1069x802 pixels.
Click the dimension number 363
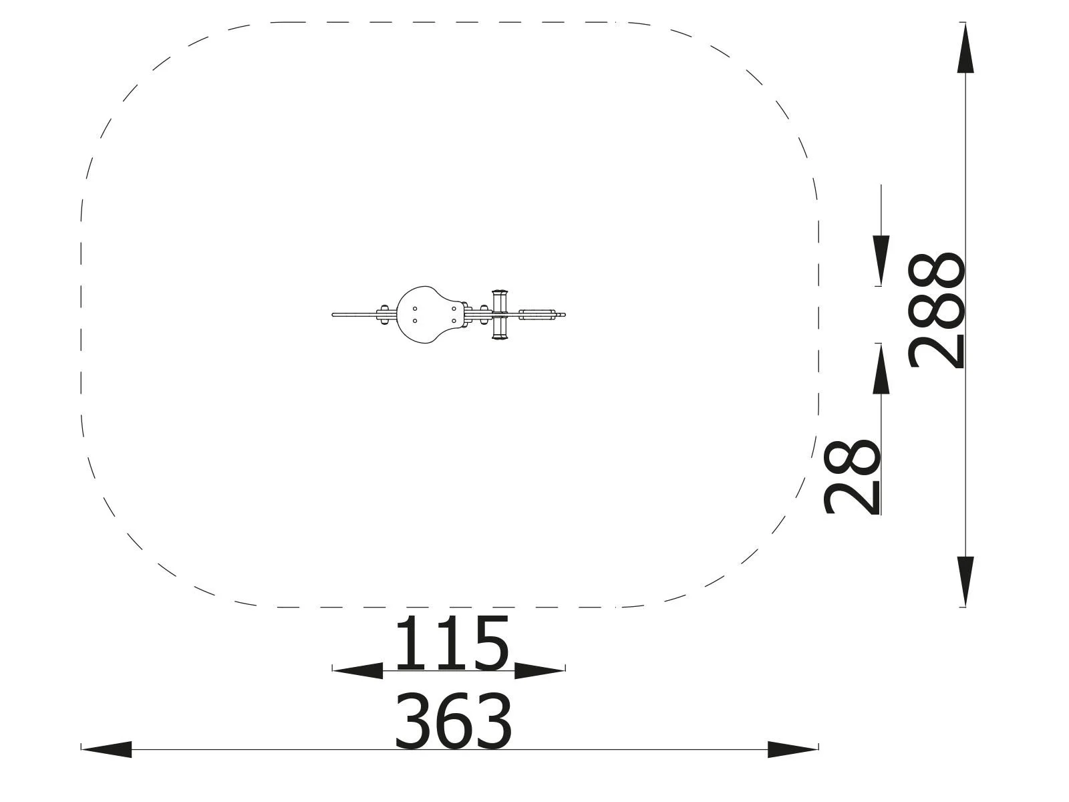point(453,722)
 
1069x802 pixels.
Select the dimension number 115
point(452,644)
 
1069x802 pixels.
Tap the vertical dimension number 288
point(937,310)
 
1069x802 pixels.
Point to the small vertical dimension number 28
point(852,477)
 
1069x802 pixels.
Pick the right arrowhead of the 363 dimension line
point(792,749)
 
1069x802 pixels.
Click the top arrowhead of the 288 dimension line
point(965,48)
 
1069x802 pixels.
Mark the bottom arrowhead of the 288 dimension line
point(965,581)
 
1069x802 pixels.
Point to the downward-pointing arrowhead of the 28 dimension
point(881,261)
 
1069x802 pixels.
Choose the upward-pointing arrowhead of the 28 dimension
point(881,369)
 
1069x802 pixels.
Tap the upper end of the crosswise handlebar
point(499,294)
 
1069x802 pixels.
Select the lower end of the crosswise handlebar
point(499,336)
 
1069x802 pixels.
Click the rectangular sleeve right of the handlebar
point(537,313)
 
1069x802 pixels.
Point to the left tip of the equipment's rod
point(334,314)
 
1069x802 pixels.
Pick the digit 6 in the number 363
point(453,722)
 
